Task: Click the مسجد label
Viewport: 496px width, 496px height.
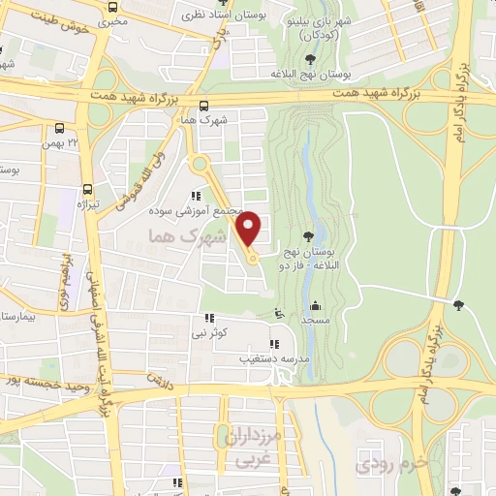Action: click(x=316, y=319)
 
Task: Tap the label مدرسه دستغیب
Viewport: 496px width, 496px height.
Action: click(x=273, y=358)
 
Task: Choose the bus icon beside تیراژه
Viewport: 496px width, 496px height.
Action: click(x=88, y=191)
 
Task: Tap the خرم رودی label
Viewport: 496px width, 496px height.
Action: click(x=392, y=463)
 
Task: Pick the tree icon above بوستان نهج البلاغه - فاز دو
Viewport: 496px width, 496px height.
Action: click(x=308, y=235)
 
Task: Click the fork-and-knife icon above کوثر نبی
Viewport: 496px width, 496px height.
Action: click(x=208, y=319)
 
